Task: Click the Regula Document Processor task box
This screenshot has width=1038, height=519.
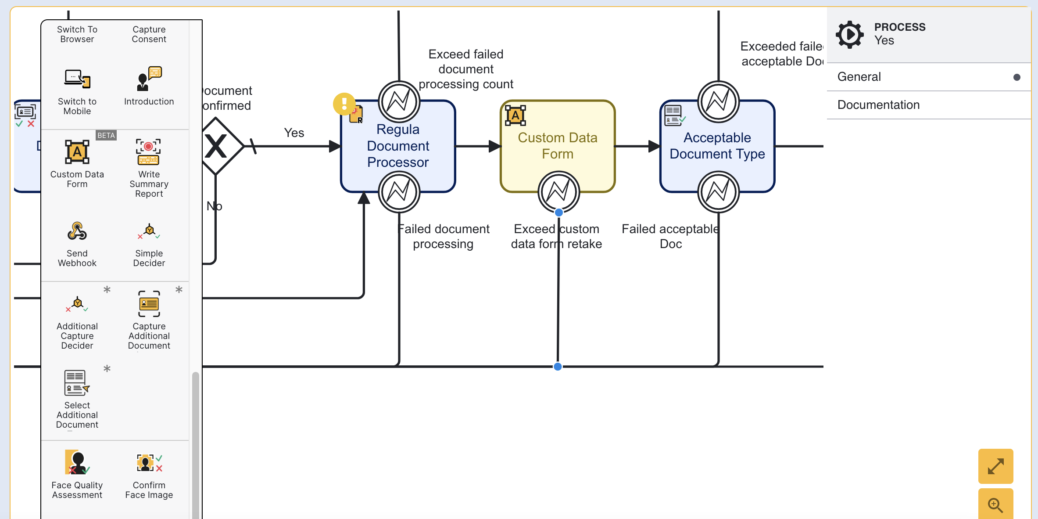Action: pyautogui.click(x=398, y=146)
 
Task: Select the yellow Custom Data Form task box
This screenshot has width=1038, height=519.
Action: pyautogui.click(x=558, y=146)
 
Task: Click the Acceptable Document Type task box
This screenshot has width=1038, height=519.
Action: pyautogui.click(x=717, y=146)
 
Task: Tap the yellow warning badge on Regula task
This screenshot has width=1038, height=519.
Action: pyautogui.click(x=344, y=104)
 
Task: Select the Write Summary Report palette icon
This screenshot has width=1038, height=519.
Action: pyautogui.click(x=148, y=152)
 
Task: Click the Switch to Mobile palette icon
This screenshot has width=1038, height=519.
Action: pyautogui.click(x=77, y=79)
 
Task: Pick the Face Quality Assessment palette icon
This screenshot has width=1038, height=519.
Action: pyautogui.click(x=77, y=462)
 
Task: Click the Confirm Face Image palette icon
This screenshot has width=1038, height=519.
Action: pyautogui.click(x=149, y=463)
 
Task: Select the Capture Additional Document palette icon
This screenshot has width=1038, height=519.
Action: pyautogui.click(x=149, y=304)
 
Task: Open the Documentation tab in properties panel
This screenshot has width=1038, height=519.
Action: pyautogui.click(x=878, y=105)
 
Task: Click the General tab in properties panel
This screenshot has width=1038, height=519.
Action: pyautogui.click(x=859, y=77)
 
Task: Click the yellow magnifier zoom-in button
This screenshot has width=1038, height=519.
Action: pyautogui.click(x=995, y=505)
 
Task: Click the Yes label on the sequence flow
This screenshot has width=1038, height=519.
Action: pyautogui.click(x=294, y=133)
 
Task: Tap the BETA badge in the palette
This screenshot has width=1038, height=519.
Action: pyautogui.click(x=106, y=135)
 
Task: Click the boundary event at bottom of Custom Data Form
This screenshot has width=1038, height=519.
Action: pyautogui.click(x=558, y=192)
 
